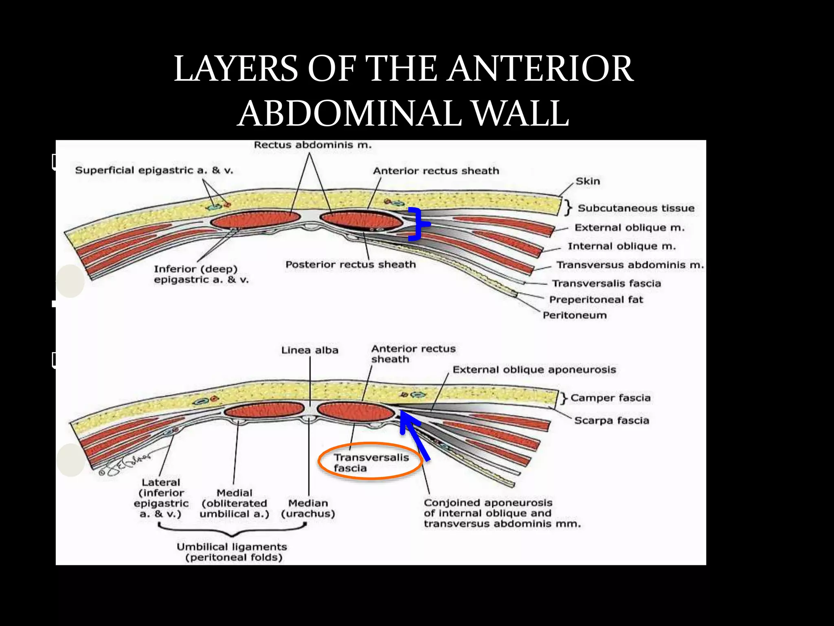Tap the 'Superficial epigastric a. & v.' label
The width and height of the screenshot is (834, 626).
click(x=154, y=170)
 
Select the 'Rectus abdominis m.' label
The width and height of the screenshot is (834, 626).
click(x=312, y=145)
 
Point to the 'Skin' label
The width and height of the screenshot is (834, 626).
click(x=588, y=181)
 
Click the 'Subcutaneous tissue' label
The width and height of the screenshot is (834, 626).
click(x=636, y=208)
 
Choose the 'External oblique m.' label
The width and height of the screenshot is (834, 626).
click(x=629, y=228)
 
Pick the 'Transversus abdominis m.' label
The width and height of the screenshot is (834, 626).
click(x=630, y=265)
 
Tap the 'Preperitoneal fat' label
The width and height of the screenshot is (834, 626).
click(x=596, y=300)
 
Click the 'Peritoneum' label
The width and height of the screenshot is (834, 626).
click(x=575, y=315)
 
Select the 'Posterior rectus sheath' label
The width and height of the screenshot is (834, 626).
click(x=351, y=265)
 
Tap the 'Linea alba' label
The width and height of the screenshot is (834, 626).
click(x=309, y=350)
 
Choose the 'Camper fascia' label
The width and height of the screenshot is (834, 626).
click(x=610, y=398)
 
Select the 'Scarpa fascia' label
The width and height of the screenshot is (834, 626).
click(x=611, y=421)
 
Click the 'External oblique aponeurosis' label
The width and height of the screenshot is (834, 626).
click(x=534, y=370)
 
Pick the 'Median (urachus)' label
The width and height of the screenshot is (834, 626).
click(x=308, y=509)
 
